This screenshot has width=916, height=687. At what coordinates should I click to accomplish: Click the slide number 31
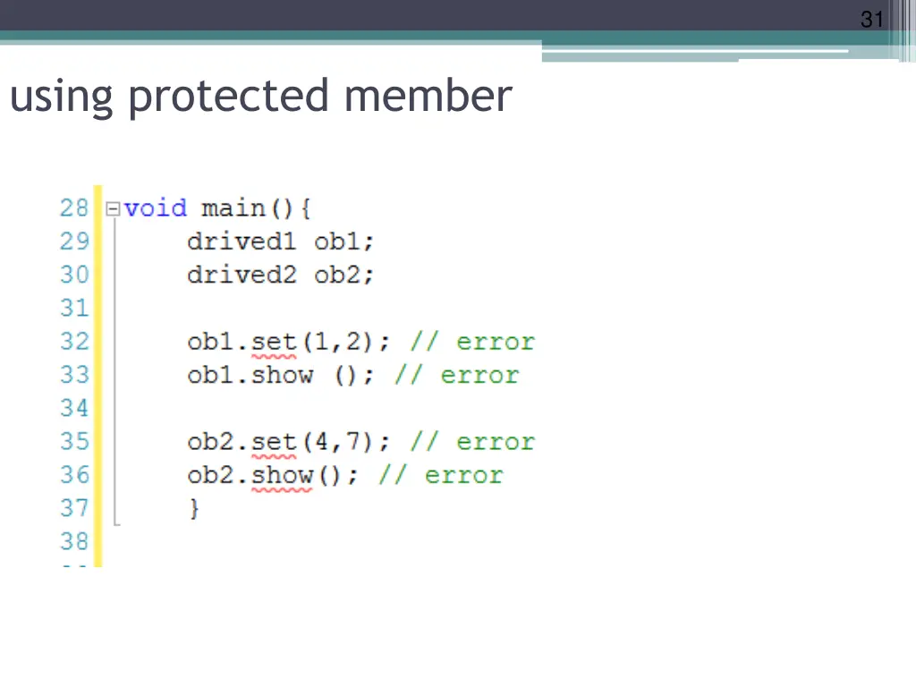pyautogui.click(x=872, y=18)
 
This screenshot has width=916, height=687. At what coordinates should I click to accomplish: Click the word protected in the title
pyautogui.click(x=228, y=97)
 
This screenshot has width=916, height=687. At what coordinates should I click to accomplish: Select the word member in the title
pyautogui.click(x=428, y=96)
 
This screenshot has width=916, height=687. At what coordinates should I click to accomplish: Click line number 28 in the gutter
pyautogui.click(x=74, y=208)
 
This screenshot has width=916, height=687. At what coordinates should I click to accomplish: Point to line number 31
pyautogui.click(x=74, y=309)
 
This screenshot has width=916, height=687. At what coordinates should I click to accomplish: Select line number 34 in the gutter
pyautogui.click(x=74, y=409)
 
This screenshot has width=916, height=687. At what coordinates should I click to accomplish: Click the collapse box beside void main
pyautogui.click(x=113, y=209)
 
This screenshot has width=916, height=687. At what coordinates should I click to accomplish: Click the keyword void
pyautogui.click(x=156, y=208)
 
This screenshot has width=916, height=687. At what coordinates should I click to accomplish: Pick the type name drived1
pyautogui.click(x=241, y=242)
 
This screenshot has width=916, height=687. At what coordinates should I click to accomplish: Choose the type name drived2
pyautogui.click(x=241, y=275)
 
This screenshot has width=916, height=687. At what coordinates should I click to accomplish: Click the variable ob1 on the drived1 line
pyautogui.click(x=343, y=242)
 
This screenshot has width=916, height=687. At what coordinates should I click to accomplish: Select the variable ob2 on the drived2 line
pyautogui.click(x=343, y=275)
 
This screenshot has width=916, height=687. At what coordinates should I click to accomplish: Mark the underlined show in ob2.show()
pyautogui.click(x=282, y=475)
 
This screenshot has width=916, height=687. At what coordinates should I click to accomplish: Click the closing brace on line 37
pyautogui.click(x=194, y=509)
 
